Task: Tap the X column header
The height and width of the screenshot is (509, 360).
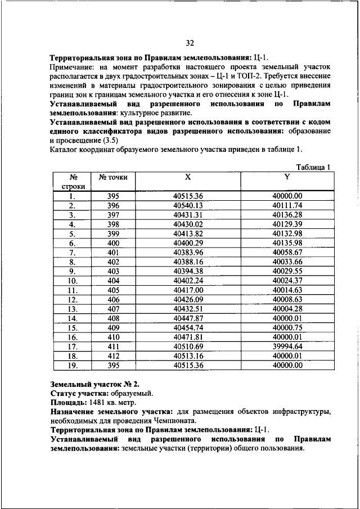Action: [188, 177]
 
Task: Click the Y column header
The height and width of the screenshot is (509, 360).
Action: [287, 177]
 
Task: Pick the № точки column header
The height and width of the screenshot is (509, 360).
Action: [113, 177]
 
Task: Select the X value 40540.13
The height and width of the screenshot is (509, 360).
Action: [188, 205]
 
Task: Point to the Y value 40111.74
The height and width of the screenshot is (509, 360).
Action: [287, 205]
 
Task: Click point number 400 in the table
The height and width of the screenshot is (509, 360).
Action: [113, 243]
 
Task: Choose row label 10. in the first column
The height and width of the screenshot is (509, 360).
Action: [73, 281]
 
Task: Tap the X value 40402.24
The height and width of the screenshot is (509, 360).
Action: [188, 280]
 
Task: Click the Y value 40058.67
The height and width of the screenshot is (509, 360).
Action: [287, 252]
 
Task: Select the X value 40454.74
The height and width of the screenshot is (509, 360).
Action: [188, 327]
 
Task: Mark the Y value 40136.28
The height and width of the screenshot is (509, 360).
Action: [287, 215]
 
